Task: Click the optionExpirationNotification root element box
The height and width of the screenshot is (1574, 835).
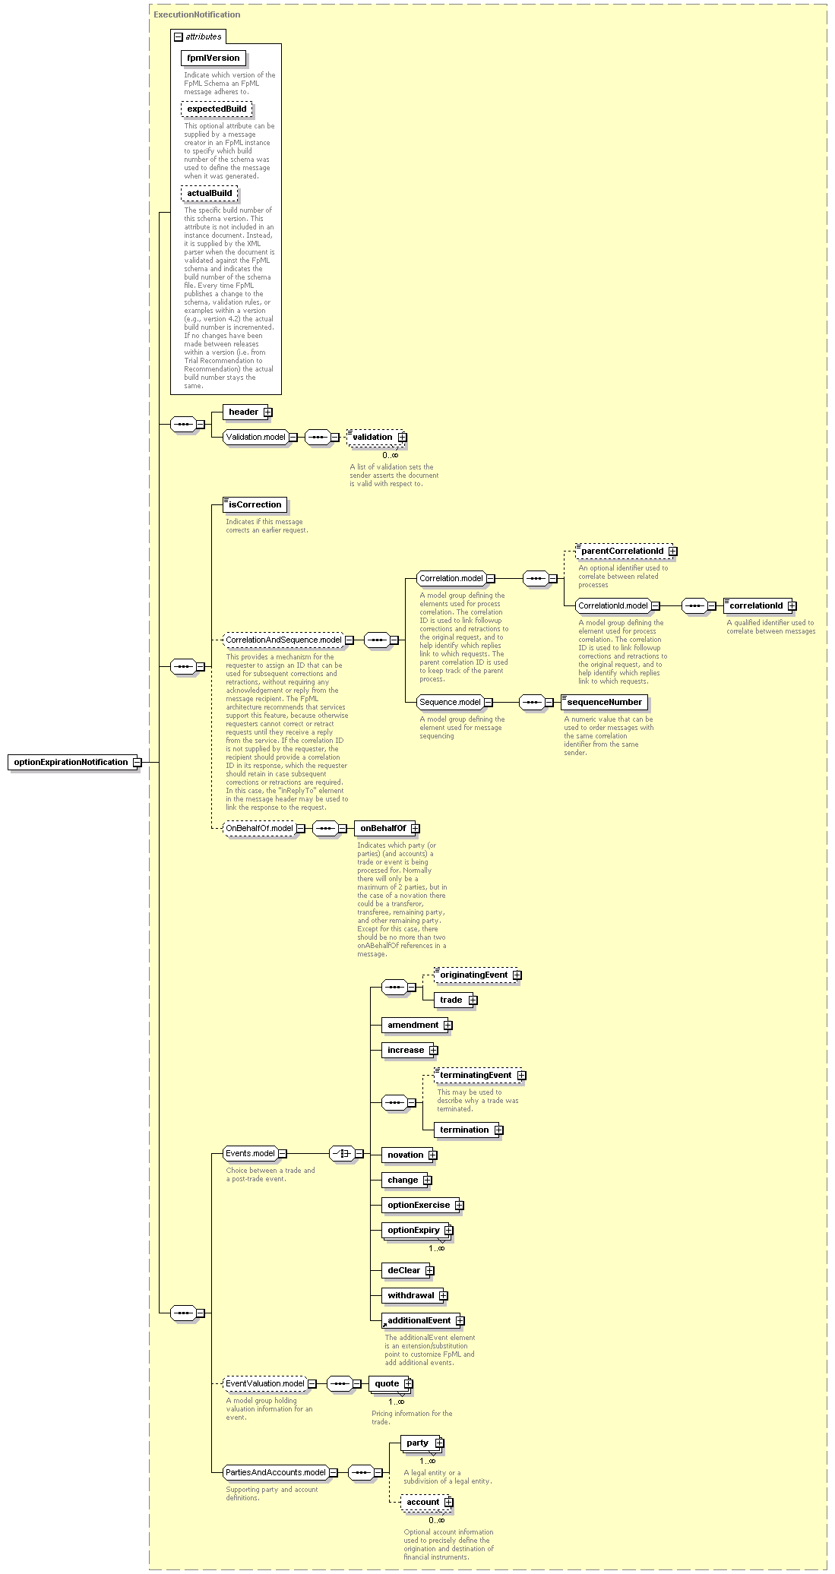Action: point(73,762)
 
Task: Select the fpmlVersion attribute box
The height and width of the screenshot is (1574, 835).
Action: point(213,58)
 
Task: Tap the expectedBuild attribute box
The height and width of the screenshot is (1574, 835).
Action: point(217,109)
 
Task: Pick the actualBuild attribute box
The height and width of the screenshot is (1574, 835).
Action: point(210,193)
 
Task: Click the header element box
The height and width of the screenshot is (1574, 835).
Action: point(245,412)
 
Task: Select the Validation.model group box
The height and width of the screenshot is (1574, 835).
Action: point(256,437)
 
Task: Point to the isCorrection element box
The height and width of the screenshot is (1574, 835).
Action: point(255,504)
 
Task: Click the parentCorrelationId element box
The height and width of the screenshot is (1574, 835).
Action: point(624,551)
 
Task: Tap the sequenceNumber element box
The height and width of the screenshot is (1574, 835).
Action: point(605,702)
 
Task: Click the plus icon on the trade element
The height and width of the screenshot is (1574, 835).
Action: point(473,1000)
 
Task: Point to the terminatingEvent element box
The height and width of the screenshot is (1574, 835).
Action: point(478,1075)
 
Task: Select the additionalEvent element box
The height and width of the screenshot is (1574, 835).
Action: point(421,1320)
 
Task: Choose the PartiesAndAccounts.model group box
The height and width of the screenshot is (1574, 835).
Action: point(276,1472)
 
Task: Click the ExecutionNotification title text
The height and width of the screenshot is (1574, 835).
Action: point(197,14)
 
